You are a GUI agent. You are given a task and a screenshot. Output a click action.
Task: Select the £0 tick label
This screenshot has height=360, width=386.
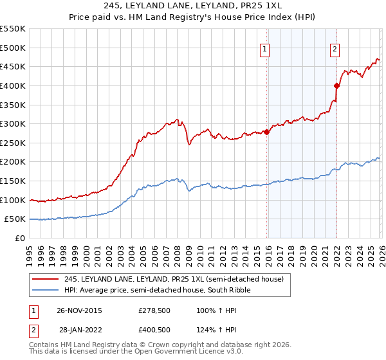pyautogui.click(x=20, y=238)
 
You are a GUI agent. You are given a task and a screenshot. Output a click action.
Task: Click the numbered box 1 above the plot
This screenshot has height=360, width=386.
pyautogui.click(x=264, y=48)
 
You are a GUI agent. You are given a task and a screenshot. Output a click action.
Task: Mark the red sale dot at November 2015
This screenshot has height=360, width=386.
pyautogui.click(x=267, y=132)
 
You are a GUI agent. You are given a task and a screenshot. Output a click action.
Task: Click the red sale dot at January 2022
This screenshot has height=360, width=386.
pyautogui.click(x=336, y=85)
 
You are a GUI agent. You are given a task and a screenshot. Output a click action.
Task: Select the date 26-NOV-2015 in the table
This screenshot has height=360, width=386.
pyautogui.click(x=79, y=310)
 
